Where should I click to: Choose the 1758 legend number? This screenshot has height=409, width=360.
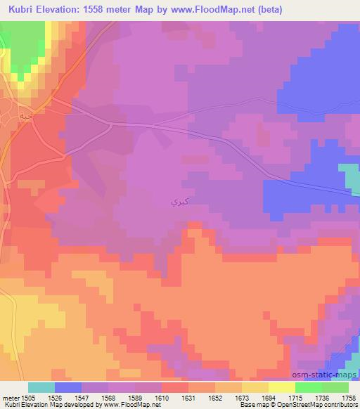pos(349,397)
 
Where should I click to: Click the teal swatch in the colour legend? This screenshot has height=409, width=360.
pos(41,387)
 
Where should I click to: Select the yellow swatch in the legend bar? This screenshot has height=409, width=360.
pos(282,387)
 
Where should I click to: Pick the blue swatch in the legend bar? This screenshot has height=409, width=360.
pos(68,387)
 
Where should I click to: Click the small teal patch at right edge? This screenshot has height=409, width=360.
pos(349,175)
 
